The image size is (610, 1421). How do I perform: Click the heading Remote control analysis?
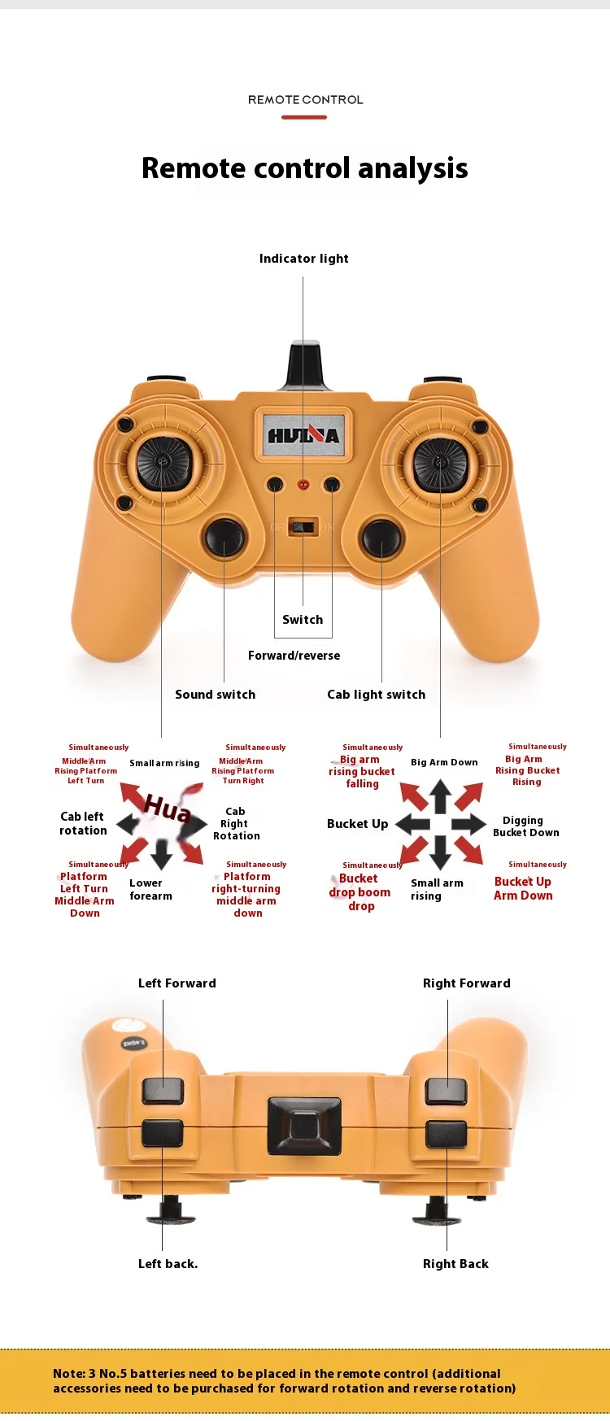pos(304,168)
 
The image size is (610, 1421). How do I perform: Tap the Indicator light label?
pos(303,259)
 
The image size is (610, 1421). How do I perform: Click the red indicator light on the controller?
pos(303,484)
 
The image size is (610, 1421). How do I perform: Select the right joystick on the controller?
pos(439,463)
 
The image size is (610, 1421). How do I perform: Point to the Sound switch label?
pos(215,695)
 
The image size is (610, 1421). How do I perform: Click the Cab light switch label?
pos(376,695)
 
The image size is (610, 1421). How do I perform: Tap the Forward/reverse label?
pos(294,656)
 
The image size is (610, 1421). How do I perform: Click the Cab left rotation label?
pos(83,823)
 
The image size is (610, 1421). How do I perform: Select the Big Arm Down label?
pos(444,762)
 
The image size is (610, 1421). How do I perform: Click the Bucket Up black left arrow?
pos(412,824)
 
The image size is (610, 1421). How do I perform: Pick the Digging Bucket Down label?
pos(525,826)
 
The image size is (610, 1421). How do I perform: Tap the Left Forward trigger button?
pos(163,1090)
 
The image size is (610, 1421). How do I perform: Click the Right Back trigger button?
pos(447,1133)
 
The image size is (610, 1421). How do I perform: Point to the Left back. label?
pos(168,1264)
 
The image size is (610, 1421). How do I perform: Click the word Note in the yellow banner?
pos(68,1373)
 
